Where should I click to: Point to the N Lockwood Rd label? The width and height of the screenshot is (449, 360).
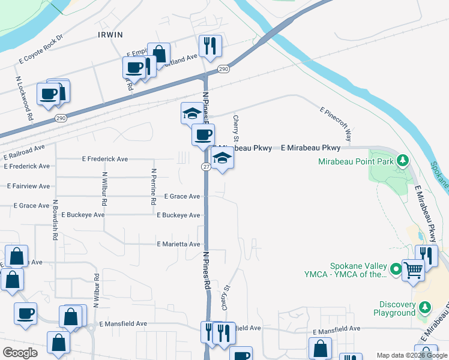(x=23, y=98)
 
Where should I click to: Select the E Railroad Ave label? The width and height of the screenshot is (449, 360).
(x=23, y=152)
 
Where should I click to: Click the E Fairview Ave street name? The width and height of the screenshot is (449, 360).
(x=28, y=186)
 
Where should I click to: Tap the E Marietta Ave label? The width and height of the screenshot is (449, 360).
(x=178, y=244)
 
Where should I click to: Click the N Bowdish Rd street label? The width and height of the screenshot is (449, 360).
(x=55, y=220)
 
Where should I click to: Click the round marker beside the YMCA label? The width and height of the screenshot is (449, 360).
(x=396, y=270)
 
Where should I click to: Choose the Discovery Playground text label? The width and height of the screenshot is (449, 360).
(x=389, y=308)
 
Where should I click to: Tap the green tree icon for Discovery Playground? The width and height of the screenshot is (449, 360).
(x=425, y=308)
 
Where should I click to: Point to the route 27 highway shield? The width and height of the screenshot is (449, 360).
(x=205, y=167)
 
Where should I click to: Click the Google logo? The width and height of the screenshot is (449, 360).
(x=20, y=352)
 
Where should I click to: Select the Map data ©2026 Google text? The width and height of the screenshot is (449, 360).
(x=411, y=355)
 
